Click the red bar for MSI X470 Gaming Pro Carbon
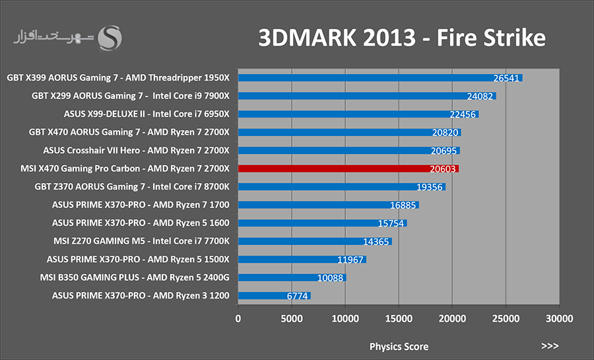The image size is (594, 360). point(348,168)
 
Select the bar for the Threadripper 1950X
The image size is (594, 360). point(380,78)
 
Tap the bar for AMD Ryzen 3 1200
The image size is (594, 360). point(275,295)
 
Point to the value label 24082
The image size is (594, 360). point(480,96)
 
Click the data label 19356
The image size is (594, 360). point(429,187)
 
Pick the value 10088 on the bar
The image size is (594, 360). point(330,278)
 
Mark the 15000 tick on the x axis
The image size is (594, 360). point(399,318)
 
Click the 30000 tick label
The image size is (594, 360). point(559,318)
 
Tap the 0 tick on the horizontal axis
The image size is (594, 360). point(238,318)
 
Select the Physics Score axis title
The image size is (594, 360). point(399,346)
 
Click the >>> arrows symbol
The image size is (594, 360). point(550,345)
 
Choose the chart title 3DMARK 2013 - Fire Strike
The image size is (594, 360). point(402,38)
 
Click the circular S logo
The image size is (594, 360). point(110,38)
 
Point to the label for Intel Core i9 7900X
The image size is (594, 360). point(191,96)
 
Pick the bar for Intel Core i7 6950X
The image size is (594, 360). point(358,114)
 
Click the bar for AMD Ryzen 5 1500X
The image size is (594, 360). point(302,260)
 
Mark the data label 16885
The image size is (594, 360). point(403,205)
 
